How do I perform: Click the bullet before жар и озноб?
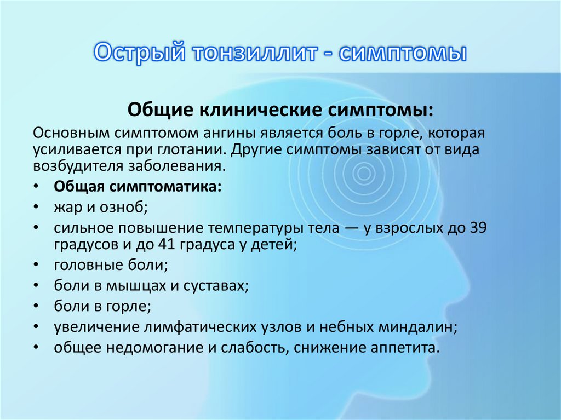coord(36,208)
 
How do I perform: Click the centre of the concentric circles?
coord(362,174)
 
